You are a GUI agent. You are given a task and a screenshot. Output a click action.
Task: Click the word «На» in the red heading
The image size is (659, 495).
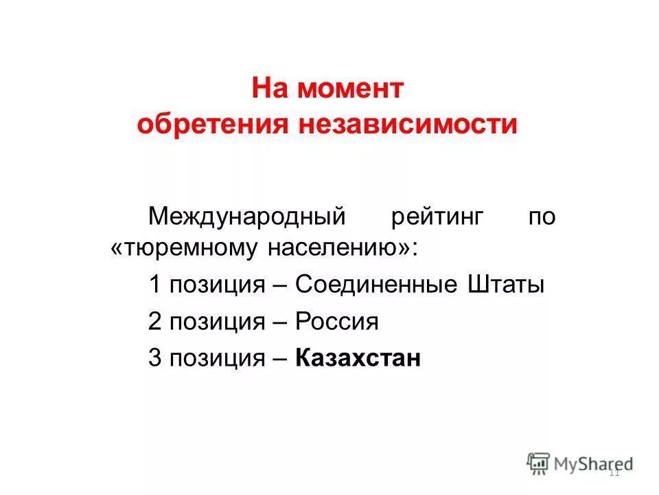(269, 89)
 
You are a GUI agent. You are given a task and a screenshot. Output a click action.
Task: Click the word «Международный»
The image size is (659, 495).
(246, 217)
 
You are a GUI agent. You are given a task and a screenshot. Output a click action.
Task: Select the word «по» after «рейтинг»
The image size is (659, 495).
(542, 217)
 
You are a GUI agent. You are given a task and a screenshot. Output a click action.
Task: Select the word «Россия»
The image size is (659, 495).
(337, 322)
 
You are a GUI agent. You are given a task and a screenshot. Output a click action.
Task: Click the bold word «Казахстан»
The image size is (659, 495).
(358, 358)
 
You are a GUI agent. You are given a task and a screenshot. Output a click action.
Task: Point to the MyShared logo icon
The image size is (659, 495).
(539, 463)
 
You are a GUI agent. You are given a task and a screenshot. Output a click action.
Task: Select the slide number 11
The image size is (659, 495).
(614, 472)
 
